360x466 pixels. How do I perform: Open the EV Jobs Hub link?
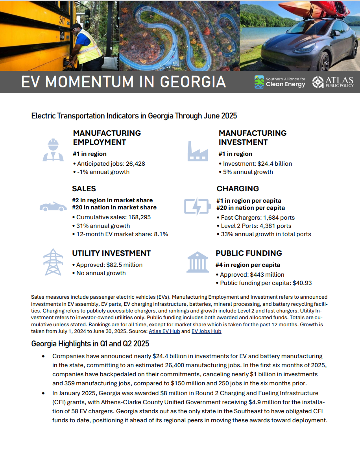tap(206, 331)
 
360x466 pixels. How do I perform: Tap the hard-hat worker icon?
tap(53, 150)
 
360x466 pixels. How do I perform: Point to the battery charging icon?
tap(198, 206)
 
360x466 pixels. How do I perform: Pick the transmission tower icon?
tap(53, 262)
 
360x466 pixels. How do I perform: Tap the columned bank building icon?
tap(198, 262)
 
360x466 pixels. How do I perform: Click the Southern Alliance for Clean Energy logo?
tap(280, 82)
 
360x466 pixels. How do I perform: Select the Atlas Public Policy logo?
tap(332, 82)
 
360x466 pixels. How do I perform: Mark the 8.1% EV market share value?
tap(161, 234)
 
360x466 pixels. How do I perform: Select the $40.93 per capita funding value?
tap(302, 283)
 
